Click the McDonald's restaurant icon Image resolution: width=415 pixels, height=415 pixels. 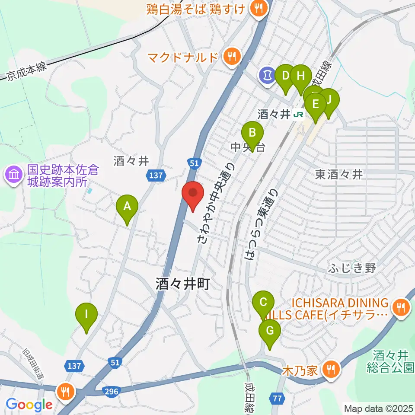pos(233,56)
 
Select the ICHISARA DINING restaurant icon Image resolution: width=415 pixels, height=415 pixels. pos(400,308)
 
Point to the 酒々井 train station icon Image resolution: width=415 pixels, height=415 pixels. pos(297,115)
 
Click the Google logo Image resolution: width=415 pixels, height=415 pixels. pos(29,405)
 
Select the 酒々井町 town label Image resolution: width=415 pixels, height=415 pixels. pos(183,284)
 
